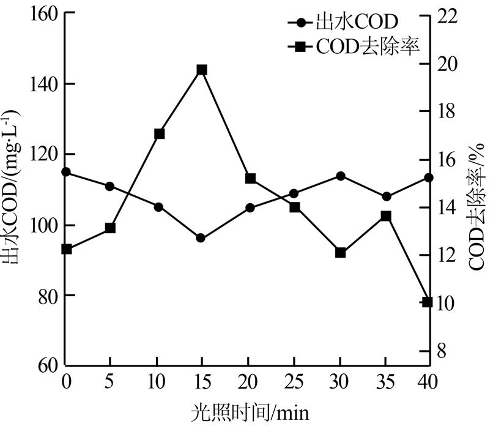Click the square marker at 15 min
click(x=202, y=70)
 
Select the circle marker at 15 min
click(x=202, y=237)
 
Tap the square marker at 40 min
click(x=428, y=302)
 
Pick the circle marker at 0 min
click(x=67, y=172)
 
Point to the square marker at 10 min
click(x=160, y=133)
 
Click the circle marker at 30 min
click(x=341, y=176)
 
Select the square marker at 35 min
click(x=386, y=216)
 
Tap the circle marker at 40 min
click(x=429, y=177)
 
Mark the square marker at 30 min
click(x=341, y=253)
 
